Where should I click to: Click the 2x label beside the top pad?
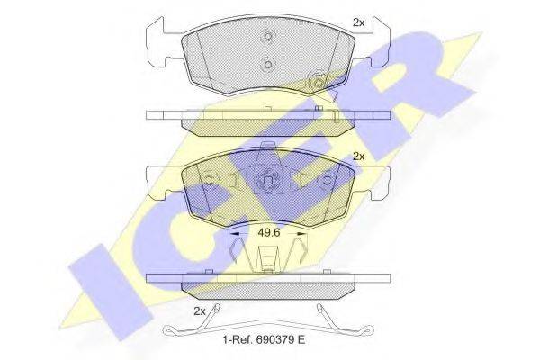pos(358,22)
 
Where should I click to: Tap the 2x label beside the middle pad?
pos(358,157)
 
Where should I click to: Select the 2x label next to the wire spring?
pos(200,311)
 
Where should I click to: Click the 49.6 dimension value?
pos(269,232)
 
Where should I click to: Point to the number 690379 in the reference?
pos(274,340)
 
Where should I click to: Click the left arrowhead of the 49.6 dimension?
pos(234,234)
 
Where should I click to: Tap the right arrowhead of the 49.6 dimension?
pos(301,234)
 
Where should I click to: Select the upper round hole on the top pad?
pos(268,37)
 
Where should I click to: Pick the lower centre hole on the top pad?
pos(268,65)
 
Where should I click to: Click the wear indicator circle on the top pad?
pos(317,83)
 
